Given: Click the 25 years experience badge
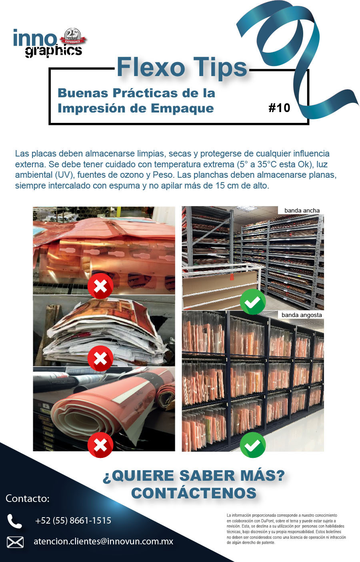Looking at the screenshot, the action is coord(73,37).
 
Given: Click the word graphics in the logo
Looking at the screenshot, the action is coord(53,51).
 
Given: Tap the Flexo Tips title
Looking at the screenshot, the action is coord(182,67).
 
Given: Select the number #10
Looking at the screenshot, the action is coord(279,108).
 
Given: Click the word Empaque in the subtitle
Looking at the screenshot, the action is coord(182,108).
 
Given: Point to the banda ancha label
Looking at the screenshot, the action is coord(302,211).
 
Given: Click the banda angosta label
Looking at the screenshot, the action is coord(302,315).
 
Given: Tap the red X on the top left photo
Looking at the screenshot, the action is coord(100,286).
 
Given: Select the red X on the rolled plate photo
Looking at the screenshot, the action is coord(100,445).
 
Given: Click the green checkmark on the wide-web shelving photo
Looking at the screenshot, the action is coord(253,301).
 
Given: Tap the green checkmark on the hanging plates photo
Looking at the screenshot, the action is coord(253,445).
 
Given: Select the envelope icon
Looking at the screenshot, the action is coord(15,542).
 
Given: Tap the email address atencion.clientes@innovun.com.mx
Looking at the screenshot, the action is coord(103,542).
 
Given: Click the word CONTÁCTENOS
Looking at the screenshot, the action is coord(194,493).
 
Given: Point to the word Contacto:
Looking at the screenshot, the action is coord(28,498).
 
